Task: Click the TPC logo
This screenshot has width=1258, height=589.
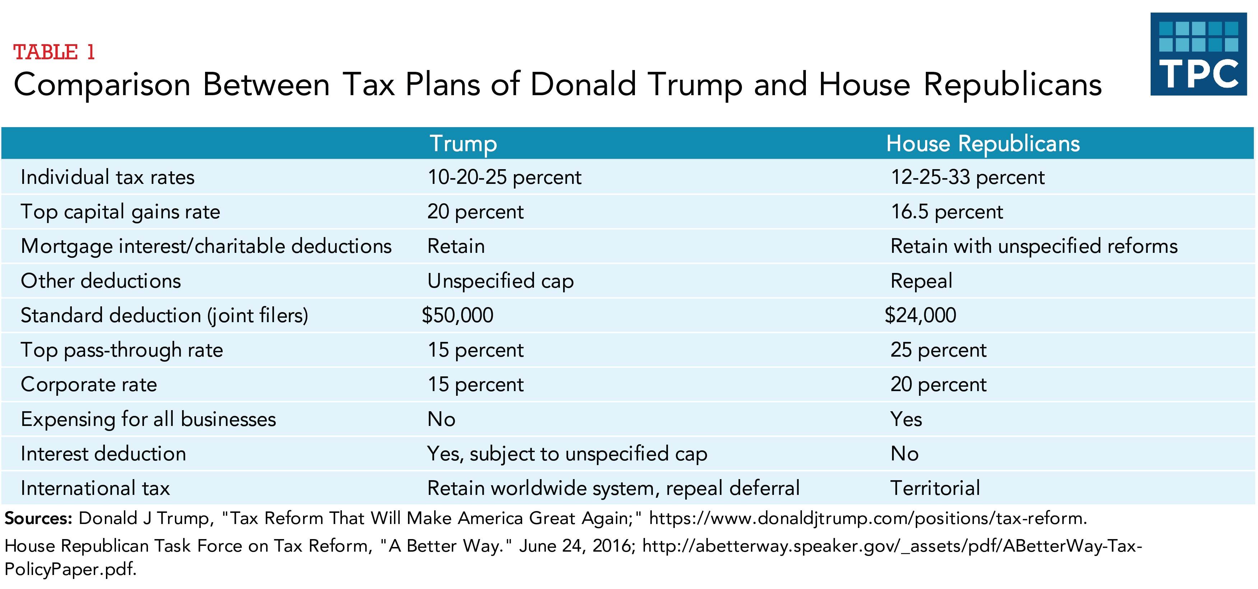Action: point(1198,54)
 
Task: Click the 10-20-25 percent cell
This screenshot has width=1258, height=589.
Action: point(504,177)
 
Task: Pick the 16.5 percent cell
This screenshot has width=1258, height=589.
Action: point(946,212)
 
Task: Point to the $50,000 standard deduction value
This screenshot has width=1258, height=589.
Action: point(458,315)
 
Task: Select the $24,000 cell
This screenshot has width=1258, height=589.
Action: point(920,315)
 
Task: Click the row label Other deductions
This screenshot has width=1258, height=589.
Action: point(101,281)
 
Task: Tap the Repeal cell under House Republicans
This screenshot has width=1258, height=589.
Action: point(921,281)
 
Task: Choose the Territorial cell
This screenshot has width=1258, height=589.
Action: point(935,488)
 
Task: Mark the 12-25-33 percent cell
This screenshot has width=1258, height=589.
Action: point(967,177)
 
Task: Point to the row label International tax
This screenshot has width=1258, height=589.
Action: point(95,488)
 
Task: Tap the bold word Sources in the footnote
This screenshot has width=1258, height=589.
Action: point(38,519)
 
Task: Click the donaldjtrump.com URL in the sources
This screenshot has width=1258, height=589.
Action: point(867,519)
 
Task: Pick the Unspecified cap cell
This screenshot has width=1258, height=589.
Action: point(500,281)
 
